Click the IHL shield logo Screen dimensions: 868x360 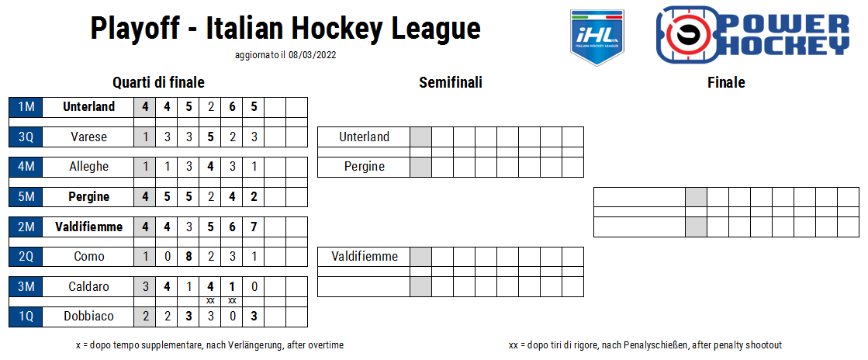tap(597, 37)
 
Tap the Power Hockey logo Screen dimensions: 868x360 tap(753, 34)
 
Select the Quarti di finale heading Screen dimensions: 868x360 tap(158, 83)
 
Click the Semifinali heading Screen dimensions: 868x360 tap(451, 83)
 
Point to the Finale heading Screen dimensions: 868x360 tap(726, 83)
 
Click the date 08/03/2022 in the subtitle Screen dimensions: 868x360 tap(312, 55)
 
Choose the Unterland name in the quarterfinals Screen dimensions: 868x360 tap(88, 107)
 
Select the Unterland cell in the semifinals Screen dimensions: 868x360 tap(364, 137)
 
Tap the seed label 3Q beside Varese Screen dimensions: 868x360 tap(26, 137)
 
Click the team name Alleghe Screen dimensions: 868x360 tap(88, 167)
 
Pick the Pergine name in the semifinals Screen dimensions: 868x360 tap(364, 167)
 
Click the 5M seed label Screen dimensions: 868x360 tap(26, 196)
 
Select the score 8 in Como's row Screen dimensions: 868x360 tap(188, 257)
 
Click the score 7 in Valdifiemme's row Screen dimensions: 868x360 tap(254, 227)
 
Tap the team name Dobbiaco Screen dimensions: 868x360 tap(88, 317)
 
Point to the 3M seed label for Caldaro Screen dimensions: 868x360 tap(26, 286)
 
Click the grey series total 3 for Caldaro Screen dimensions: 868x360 tap(145, 286)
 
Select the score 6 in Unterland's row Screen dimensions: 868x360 tap(233, 107)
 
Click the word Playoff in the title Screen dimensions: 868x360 tap(135, 28)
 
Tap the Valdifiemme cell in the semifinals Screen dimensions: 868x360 tap(364, 257)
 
